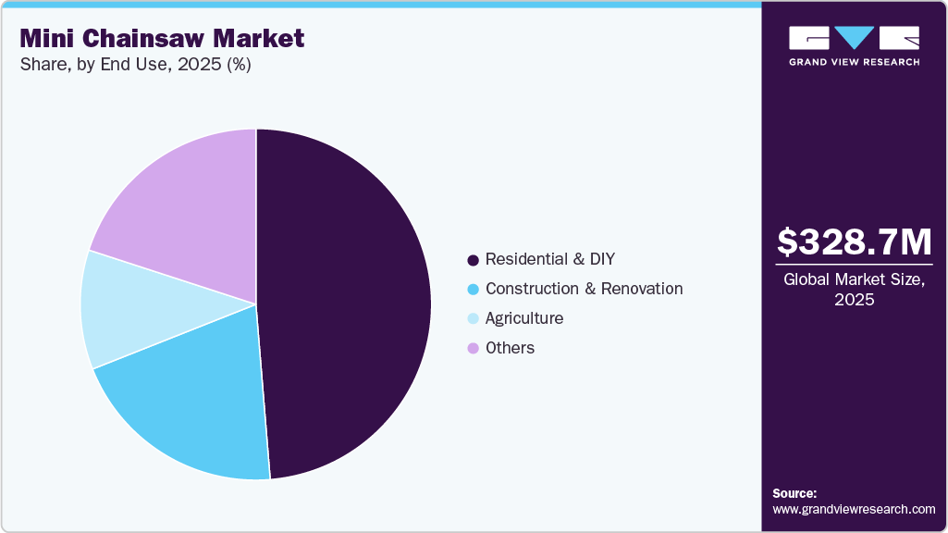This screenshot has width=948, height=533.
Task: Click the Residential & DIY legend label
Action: [x=549, y=259]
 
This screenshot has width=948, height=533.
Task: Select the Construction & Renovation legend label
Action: [x=584, y=289]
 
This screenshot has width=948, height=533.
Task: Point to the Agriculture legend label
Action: [x=523, y=318]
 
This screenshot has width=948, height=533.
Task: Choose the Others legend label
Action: [x=510, y=348]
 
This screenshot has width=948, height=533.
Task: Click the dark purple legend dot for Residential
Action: [x=474, y=260]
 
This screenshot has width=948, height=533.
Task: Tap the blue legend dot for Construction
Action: [x=474, y=290]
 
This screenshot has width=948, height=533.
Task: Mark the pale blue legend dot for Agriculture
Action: [x=474, y=319]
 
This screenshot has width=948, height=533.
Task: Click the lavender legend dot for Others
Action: [x=474, y=349]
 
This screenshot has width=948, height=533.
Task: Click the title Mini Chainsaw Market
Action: [x=162, y=39]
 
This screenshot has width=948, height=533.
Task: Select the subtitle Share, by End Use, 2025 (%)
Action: [x=136, y=65]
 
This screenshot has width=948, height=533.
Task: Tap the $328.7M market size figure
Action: [x=854, y=242]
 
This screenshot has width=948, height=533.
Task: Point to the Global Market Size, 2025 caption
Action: [x=854, y=290]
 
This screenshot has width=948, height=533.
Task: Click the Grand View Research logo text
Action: [x=854, y=62]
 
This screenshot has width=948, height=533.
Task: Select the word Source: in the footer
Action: [x=794, y=493]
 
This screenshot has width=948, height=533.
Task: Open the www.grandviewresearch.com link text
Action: [x=854, y=509]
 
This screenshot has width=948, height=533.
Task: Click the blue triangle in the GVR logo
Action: [x=854, y=38]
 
